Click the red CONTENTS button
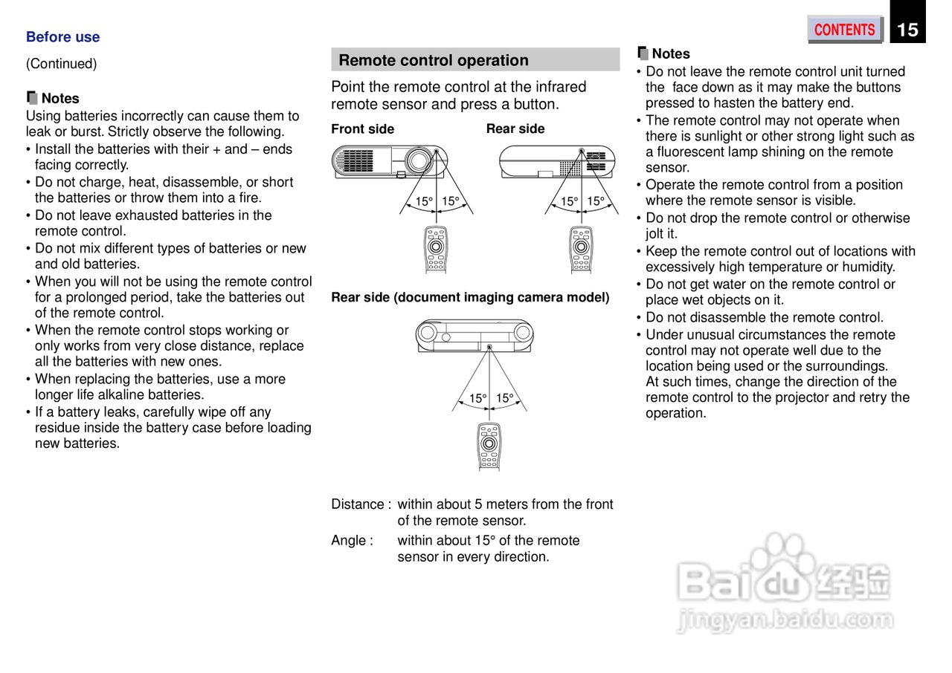click(844, 30)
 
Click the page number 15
click(907, 30)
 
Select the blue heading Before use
click(62, 37)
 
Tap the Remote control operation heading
click(434, 60)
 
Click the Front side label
click(362, 129)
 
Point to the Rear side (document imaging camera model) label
click(470, 297)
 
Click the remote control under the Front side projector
click(437, 249)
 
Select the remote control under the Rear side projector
click(582, 249)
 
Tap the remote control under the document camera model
click(489, 446)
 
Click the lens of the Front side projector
click(419, 160)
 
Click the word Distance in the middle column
click(356, 504)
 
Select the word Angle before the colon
click(348, 541)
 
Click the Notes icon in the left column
click(32, 97)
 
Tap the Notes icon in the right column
click(643, 53)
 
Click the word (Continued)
click(61, 64)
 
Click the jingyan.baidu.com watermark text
click(785, 619)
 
